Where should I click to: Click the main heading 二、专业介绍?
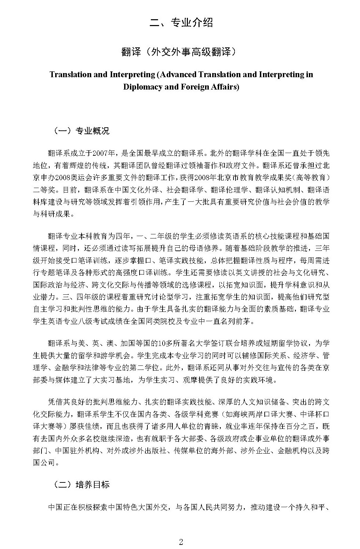[181, 23]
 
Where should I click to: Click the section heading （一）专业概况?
[82, 131]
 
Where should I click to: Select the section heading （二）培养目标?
[82, 484]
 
